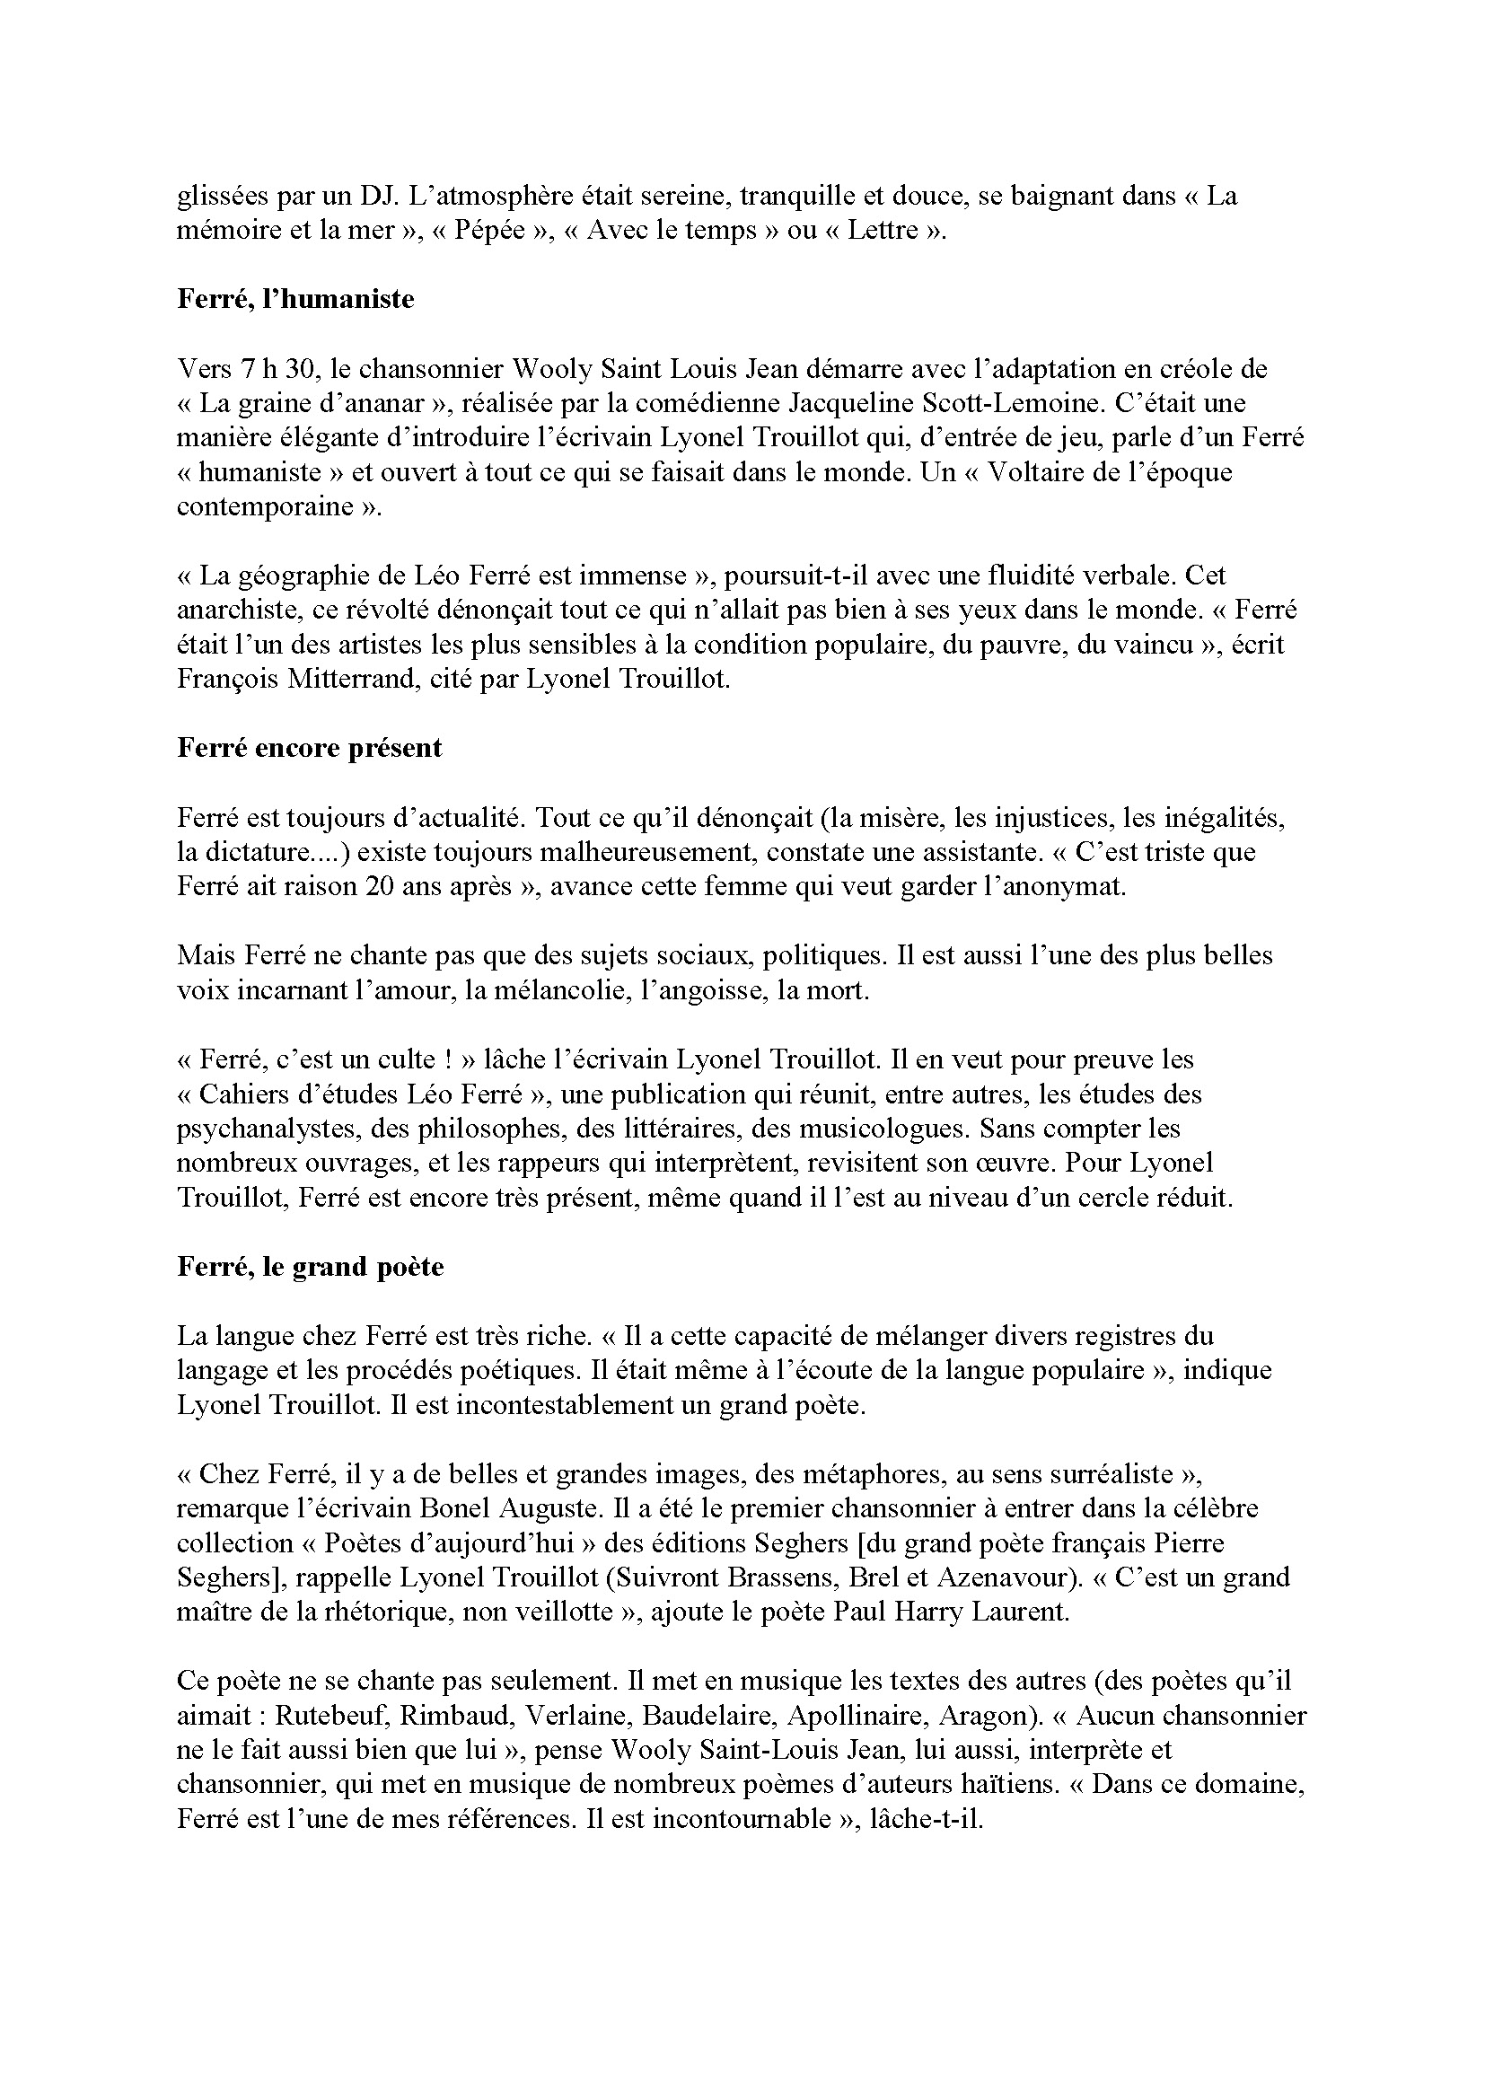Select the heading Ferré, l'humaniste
(x=295, y=299)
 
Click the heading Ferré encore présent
(x=309, y=748)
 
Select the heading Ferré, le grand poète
(x=310, y=1267)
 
